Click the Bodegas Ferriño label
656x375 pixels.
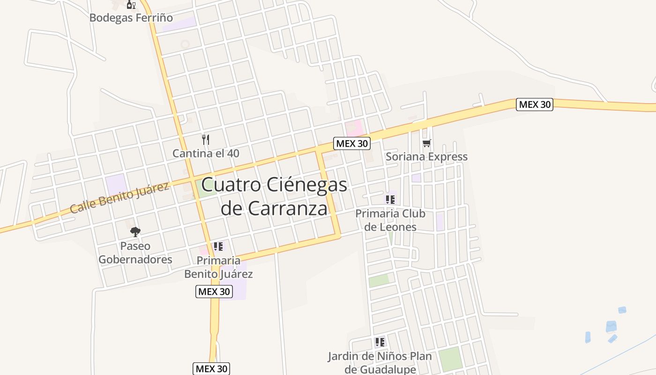tap(131, 18)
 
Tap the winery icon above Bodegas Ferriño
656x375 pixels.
tap(131, 5)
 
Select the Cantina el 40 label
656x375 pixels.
tap(206, 153)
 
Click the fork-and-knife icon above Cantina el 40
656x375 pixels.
tap(205, 139)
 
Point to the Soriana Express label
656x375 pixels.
tap(426, 157)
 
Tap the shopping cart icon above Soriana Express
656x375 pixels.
tap(426, 143)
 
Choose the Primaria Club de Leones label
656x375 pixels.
tap(390, 220)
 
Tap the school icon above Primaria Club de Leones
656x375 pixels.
tap(390, 200)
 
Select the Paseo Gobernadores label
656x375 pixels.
tap(135, 253)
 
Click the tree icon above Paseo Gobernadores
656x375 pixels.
tap(135, 232)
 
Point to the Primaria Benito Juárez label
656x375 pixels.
tap(218, 267)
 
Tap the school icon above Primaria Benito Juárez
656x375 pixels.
tap(218, 247)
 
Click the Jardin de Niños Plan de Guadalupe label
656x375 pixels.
tap(380, 362)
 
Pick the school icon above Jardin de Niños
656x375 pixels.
tap(380, 342)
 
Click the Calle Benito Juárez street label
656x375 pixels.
tap(119, 198)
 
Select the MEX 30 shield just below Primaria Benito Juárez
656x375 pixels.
tap(214, 291)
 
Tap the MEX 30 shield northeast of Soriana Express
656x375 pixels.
tap(535, 105)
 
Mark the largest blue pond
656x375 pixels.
tap(611, 326)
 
